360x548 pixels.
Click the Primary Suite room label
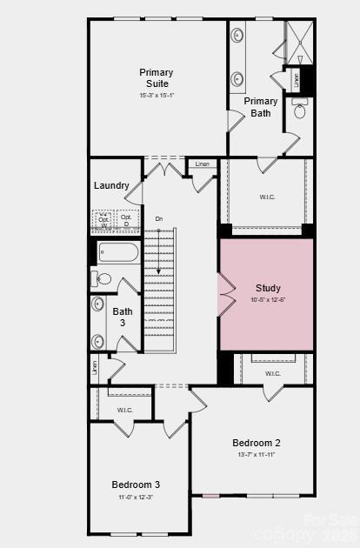point(157,77)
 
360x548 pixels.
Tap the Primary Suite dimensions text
point(157,96)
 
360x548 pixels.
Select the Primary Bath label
point(261,106)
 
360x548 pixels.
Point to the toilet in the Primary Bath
point(300,110)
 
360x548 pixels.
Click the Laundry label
point(111,185)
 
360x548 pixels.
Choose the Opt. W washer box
point(103,221)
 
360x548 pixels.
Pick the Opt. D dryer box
point(127,221)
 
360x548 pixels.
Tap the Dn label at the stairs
point(158,218)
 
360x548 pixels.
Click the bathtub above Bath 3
point(118,253)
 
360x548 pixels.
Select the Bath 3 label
point(123,316)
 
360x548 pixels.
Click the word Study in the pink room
point(268,288)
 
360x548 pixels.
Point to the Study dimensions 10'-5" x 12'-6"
point(268,300)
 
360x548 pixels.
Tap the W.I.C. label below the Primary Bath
point(268,197)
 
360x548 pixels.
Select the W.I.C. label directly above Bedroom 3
point(125,409)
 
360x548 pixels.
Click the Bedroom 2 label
point(256,442)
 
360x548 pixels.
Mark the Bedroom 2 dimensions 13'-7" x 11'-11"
point(256,454)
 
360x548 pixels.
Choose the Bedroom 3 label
point(136,484)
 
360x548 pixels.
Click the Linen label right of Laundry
point(202,164)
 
